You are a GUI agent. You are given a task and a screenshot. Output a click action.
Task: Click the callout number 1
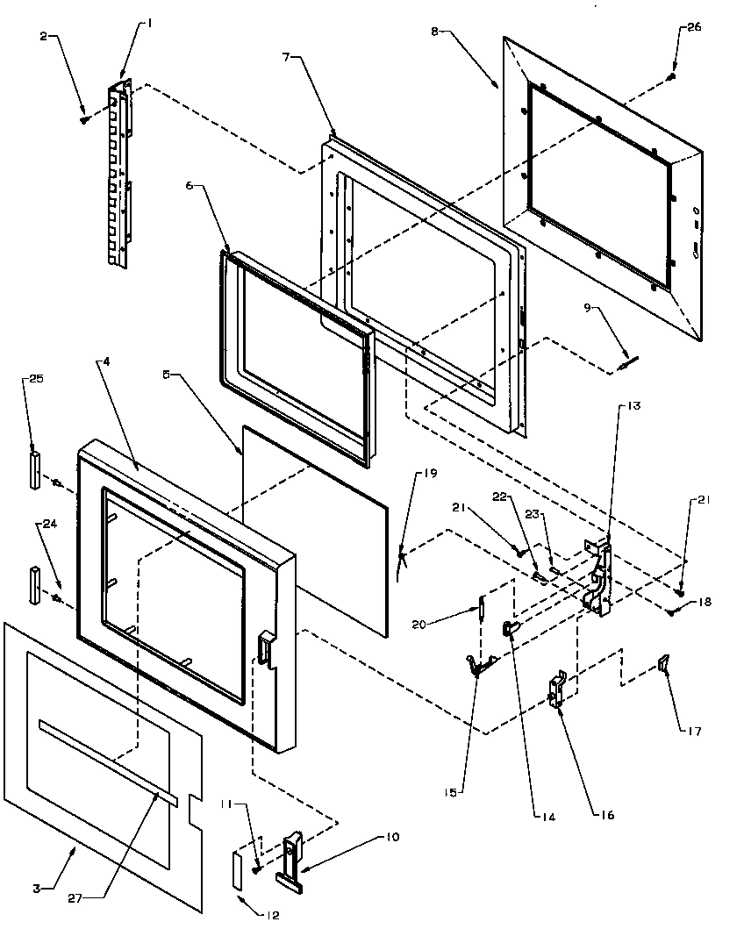pos(148,24)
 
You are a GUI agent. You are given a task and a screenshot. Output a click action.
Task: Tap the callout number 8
pos(434,32)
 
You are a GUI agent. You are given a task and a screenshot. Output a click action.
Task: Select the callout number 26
pos(693,27)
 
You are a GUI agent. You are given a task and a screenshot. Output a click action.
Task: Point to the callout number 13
pos(634,406)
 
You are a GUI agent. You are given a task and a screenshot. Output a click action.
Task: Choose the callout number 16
pos(606,815)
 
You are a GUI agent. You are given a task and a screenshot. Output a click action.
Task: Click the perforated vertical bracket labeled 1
pos(118,175)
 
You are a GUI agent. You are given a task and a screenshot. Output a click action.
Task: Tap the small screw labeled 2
pos(84,118)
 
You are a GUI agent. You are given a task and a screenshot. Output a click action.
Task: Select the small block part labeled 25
pos(34,468)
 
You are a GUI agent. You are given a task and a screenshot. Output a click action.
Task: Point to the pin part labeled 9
pos(627,361)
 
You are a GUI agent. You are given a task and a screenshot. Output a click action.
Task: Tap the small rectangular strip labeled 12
pos(238,869)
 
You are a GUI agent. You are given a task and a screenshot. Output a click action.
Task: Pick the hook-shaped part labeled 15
pos(477,668)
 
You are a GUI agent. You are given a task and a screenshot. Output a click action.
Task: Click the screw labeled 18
pos(671,611)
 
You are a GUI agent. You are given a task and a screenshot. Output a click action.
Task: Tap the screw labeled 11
pos(256,868)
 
